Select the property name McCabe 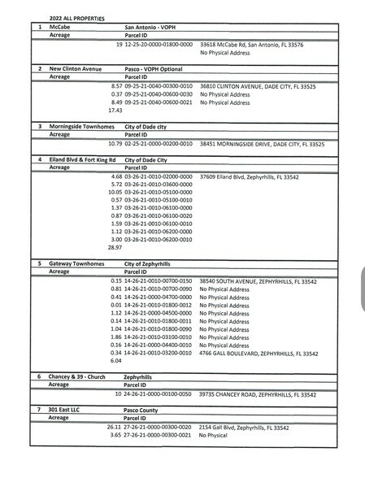click(x=59, y=27)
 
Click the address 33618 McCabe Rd click(x=251, y=45)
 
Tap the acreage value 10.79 click(x=115, y=144)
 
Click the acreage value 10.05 click(x=115, y=192)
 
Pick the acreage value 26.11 click(x=115, y=427)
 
